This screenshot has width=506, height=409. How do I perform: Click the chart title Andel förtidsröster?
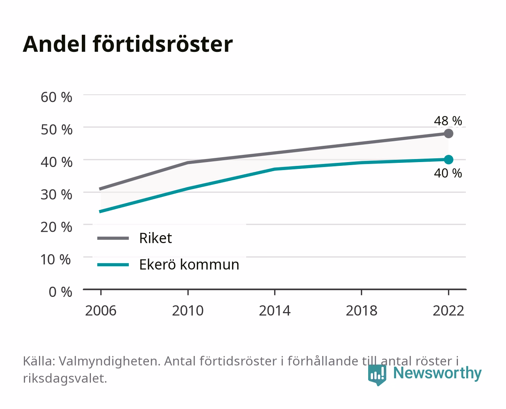(x=128, y=44)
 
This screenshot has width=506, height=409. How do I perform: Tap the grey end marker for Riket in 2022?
(x=448, y=133)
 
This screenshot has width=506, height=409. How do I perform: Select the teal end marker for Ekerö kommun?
(x=448, y=159)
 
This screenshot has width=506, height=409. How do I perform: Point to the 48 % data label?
(x=448, y=121)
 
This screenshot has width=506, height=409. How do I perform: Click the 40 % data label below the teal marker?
(x=448, y=173)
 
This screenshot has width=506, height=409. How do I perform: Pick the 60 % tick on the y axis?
(x=56, y=97)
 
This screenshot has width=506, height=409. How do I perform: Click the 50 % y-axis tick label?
(x=56, y=130)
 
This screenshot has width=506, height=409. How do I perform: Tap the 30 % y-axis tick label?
(x=56, y=195)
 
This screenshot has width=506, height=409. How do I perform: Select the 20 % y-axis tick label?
(x=56, y=227)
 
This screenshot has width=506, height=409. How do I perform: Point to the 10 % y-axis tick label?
(x=56, y=259)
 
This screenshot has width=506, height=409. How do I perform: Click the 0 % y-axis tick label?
(x=60, y=292)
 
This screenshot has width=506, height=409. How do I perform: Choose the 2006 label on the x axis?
(x=101, y=311)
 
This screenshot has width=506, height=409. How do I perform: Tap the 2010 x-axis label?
(x=188, y=311)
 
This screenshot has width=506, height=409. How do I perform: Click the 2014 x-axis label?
(x=275, y=311)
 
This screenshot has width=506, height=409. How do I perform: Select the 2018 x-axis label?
(x=362, y=311)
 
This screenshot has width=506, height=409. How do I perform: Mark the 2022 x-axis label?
(x=448, y=311)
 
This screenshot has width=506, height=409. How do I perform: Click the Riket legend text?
(x=156, y=238)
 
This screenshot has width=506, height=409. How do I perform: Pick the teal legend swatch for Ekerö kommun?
(x=113, y=265)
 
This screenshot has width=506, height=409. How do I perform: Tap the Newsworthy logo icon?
(x=377, y=375)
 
